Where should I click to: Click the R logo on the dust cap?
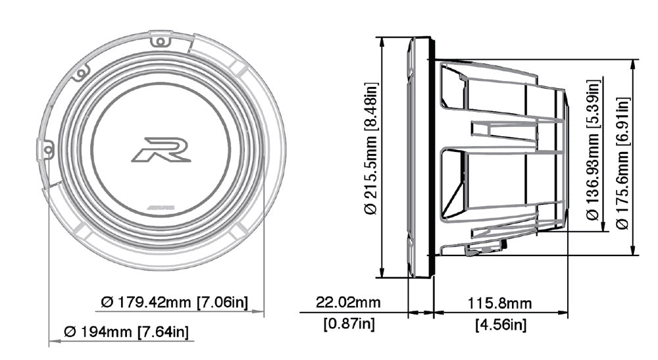(161, 149)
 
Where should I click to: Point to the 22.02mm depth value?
(349, 303)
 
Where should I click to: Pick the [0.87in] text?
(349, 324)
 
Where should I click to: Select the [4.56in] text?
(501, 324)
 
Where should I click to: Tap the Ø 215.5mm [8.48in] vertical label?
(372, 148)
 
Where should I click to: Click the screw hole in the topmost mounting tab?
(159, 42)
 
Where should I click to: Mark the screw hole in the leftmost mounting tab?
(48, 151)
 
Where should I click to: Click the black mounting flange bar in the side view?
(432, 158)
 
